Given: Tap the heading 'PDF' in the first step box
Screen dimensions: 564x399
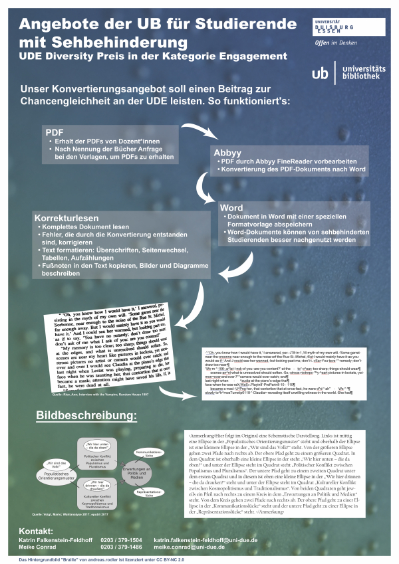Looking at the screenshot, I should (x=54, y=132).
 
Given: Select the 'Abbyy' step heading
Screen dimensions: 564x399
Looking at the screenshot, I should (x=227, y=152).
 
